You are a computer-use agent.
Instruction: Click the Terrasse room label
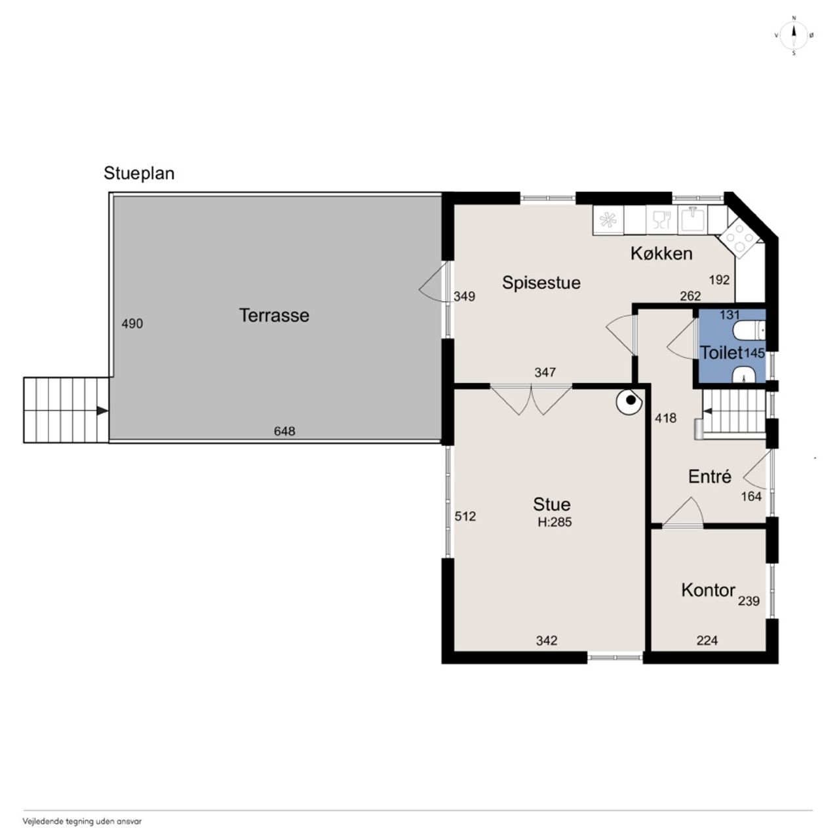274,315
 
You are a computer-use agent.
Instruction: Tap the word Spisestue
541,283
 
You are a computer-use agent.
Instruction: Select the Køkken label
661,253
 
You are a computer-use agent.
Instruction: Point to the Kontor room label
708,590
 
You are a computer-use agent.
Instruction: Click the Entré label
709,476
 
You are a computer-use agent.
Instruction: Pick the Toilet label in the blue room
720,352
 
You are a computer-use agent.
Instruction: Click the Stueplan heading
139,173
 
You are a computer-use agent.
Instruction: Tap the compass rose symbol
793,35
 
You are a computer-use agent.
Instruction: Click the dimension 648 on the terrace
284,431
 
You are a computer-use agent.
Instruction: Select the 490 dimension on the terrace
132,324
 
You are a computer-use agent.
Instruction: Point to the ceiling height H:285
555,522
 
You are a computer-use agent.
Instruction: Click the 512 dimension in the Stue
465,516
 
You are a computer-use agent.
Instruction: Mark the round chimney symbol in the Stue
629,401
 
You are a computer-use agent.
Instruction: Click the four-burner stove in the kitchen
739,238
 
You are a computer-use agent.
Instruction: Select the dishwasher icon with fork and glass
661,220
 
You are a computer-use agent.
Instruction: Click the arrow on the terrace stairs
102,411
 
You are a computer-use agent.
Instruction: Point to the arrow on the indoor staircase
707,411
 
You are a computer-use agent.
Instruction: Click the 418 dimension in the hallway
666,418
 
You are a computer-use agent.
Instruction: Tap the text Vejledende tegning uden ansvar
83,821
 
